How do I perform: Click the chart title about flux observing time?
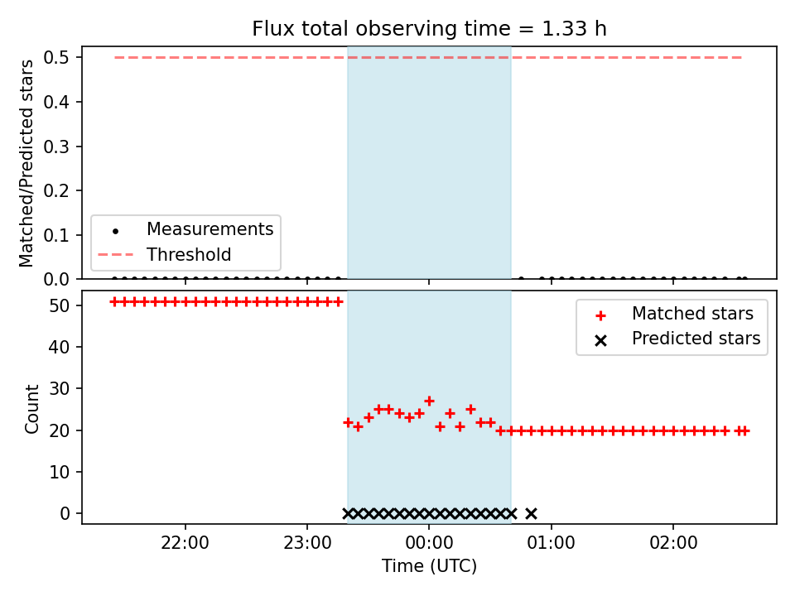click(429, 29)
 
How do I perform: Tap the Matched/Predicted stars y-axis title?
click(26, 163)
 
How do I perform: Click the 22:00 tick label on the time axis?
click(185, 543)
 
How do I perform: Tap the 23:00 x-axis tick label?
click(307, 543)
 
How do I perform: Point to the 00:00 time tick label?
click(429, 543)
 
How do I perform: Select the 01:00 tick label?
click(552, 543)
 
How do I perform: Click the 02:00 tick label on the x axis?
click(673, 543)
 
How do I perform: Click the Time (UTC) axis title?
click(429, 566)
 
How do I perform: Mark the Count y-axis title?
click(31, 409)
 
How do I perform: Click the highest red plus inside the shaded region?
click(430, 401)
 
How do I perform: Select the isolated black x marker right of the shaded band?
click(531, 514)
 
